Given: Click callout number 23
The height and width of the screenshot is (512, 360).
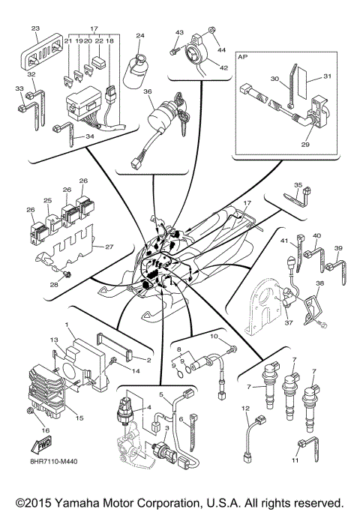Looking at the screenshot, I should tap(35, 28).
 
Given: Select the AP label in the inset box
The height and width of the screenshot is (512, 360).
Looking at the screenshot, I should tap(243, 56).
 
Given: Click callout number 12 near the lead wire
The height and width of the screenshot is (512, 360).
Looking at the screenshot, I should tap(244, 409).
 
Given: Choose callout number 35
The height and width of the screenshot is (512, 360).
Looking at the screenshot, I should tap(298, 184).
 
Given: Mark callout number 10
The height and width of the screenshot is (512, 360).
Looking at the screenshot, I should tap(214, 338).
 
